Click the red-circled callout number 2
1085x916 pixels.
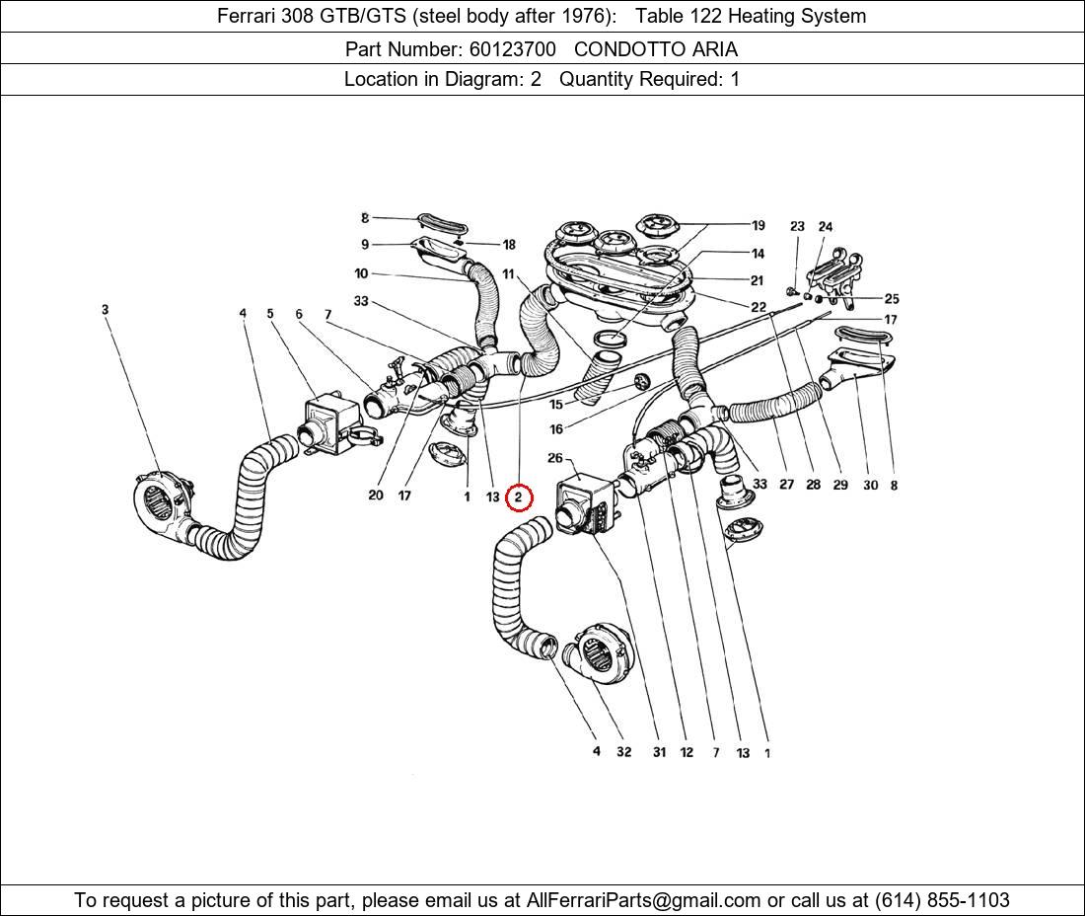(x=519, y=498)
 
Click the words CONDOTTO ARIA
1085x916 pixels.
(x=656, y=48)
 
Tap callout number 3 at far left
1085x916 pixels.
(x=105, y=310)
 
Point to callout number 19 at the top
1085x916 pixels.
(x=758, y=225)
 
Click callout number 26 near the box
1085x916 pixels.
(x=555, y=458)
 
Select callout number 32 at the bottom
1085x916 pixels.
(x=623, y=752)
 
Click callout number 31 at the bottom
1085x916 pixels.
(x=658, y=752)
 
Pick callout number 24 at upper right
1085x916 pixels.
(x=825, y=227)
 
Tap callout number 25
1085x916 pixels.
(x=891, y=298)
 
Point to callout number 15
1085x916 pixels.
(x=556, y=404)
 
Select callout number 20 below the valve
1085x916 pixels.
(x=375, y=496)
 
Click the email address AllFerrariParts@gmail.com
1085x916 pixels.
(x=643, y=900)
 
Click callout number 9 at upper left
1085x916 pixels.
(x=365, y=244)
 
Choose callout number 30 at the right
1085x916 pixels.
(x=869, y=485)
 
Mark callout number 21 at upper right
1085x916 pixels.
(x=757, y=280)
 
